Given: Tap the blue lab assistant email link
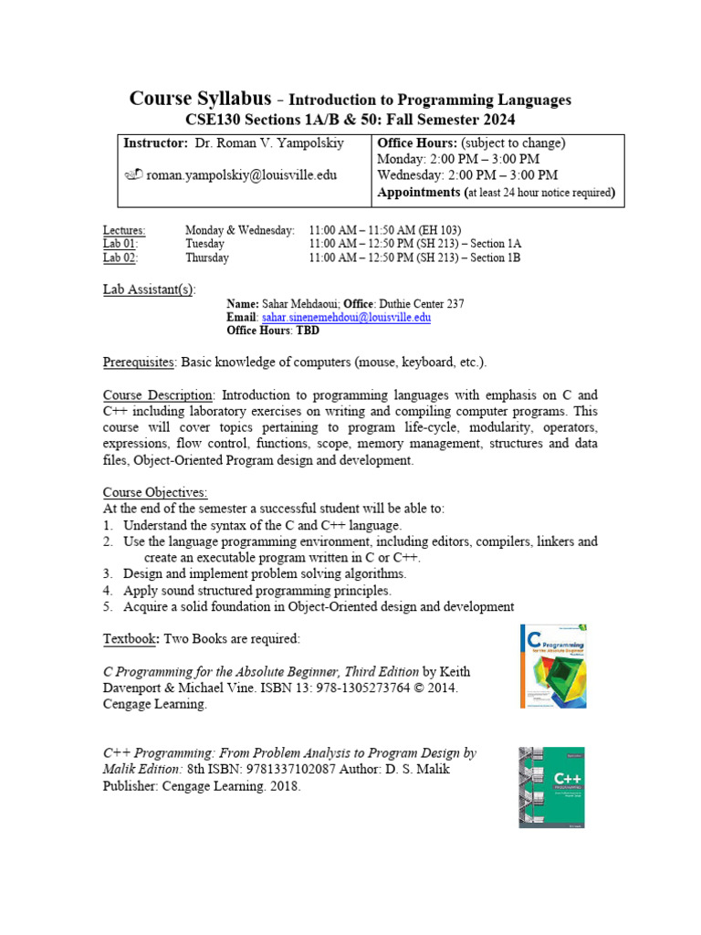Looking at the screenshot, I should [346, 317].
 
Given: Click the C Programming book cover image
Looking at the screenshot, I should [552, 666].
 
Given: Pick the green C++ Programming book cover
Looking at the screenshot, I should [551, 787].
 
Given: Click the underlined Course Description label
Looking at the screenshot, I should [158, 395].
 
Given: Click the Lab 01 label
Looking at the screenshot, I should [120, 244].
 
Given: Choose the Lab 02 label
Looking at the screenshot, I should [120, 257].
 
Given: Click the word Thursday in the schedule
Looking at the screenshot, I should [207, 257].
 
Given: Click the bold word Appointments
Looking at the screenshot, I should [419, 193].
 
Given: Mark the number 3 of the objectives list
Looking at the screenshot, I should [107, 573].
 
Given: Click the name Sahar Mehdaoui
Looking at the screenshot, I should [301, 303].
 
